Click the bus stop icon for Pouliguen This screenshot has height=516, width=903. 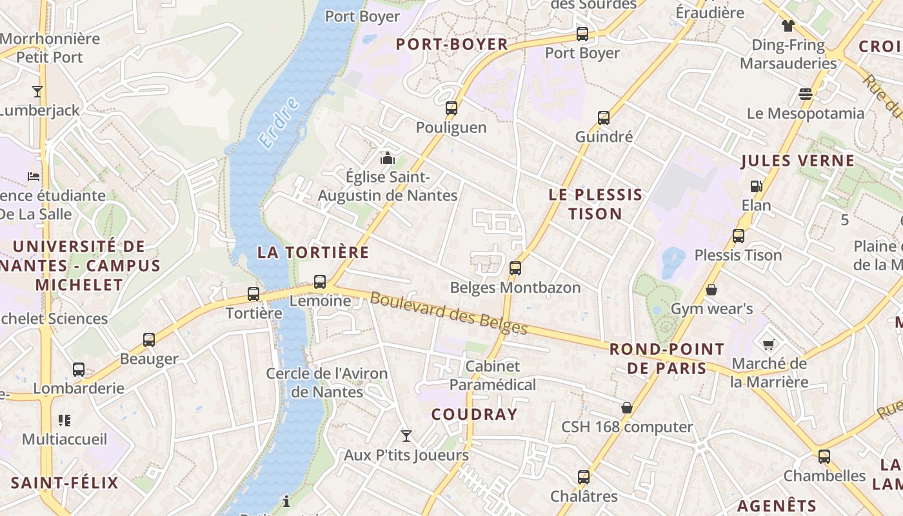[x=451, y=108]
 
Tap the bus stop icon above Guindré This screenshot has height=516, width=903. [x=604, y=117]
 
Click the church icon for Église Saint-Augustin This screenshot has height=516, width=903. [x=387, y=157]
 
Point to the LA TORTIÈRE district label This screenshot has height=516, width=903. [x=313, y=252]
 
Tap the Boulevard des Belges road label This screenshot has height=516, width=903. [x=449, y=314]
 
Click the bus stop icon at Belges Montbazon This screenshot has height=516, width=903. [x=515, y=268]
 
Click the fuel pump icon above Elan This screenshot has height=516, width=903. [x=756, y=186]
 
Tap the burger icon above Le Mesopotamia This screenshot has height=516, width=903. [x=805, y=94]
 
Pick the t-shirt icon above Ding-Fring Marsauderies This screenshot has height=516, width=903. [x=788, y=26]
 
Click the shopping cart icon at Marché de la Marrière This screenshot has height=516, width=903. [x=768, y=344]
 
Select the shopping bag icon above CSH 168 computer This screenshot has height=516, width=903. [x=626, y=408]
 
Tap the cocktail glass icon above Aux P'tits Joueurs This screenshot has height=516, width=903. [x=406, y=436]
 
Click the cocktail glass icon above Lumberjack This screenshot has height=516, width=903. [x=37, y=91]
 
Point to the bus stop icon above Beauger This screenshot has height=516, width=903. [x=149, y=339]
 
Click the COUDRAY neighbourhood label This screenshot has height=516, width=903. [x=474, y=414]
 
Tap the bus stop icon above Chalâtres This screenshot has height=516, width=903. [x=584, y=477]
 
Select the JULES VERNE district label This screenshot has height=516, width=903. [x=797, y=161]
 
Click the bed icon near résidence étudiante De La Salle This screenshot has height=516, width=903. [x=34, y=176]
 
